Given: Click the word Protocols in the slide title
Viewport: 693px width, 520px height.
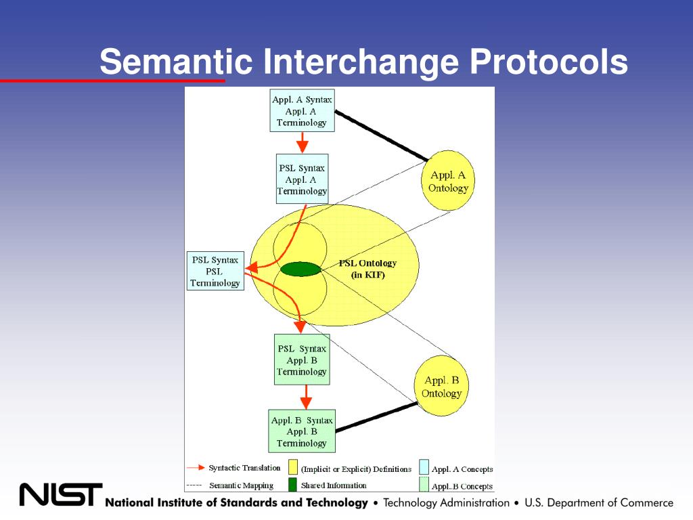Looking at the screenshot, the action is [x=548, y=62].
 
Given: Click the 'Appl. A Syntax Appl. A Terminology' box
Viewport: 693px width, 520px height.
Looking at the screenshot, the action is [x=303, y=110].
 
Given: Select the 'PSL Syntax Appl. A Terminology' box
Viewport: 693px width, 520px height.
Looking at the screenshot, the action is [x=303, y=179].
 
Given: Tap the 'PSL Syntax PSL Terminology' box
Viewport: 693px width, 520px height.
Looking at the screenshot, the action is [x=215, y=271].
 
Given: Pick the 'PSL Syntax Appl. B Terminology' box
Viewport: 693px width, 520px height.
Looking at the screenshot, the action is [x=303, y=360].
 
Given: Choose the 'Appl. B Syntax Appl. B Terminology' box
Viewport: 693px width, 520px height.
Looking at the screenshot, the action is [x=303, y=431].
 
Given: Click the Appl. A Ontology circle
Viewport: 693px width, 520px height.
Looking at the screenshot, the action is [x=448, y=180].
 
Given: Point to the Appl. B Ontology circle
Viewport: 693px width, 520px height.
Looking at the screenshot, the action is [x=441, y=385].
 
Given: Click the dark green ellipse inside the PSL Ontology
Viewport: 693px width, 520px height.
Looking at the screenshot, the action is [x=301, y=269].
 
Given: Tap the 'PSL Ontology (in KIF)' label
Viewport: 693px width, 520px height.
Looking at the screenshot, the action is [x=367, y=269].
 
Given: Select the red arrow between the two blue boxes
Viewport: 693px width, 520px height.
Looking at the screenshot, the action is [x=303, y=142].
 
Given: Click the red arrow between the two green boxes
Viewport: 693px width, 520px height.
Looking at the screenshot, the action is [x=306, y=397].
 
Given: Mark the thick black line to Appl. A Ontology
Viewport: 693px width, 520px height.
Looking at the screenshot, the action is [x=382, y=135].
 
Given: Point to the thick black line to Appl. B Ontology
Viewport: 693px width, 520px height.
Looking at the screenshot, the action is [x=376, y=416].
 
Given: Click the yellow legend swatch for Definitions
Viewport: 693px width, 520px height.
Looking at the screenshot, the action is [x=292, y=467].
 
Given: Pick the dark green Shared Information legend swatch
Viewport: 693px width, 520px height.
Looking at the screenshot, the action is [x=292, y=485].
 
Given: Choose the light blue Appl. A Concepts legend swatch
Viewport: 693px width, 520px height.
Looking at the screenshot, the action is [x=424, y=467].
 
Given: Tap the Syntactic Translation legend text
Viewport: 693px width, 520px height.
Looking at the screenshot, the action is [x=244, y=468].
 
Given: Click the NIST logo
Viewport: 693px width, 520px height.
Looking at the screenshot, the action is [x=60, y=495].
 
